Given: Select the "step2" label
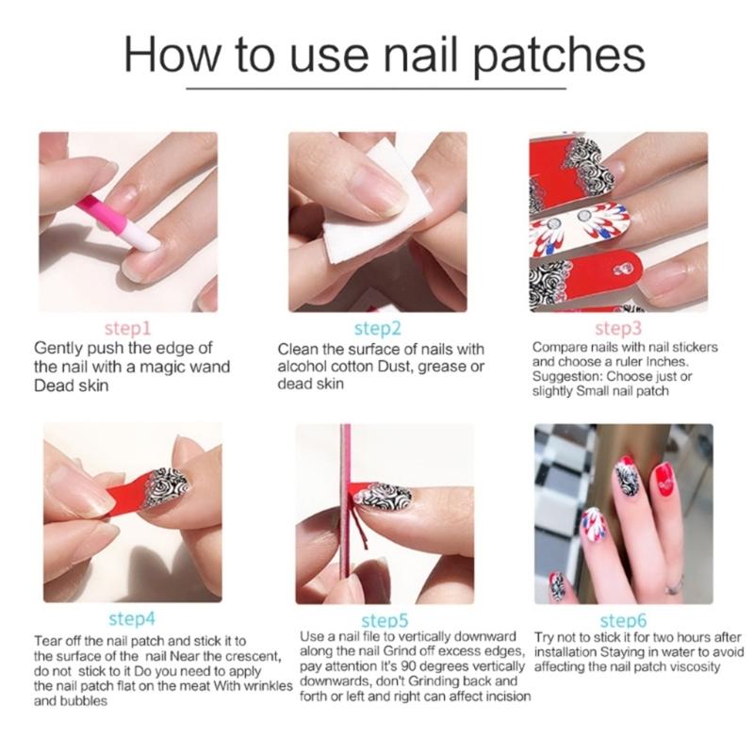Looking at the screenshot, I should tap(377, 329).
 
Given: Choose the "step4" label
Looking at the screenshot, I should tap(132, 619).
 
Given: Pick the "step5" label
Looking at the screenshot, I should tap(385, 621).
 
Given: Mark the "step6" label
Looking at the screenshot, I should tap(624, 621).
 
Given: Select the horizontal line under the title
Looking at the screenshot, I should tap(377, 89).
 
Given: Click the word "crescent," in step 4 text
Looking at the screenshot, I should tap(248, 655).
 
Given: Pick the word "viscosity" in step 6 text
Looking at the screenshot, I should tap(689, 666).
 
